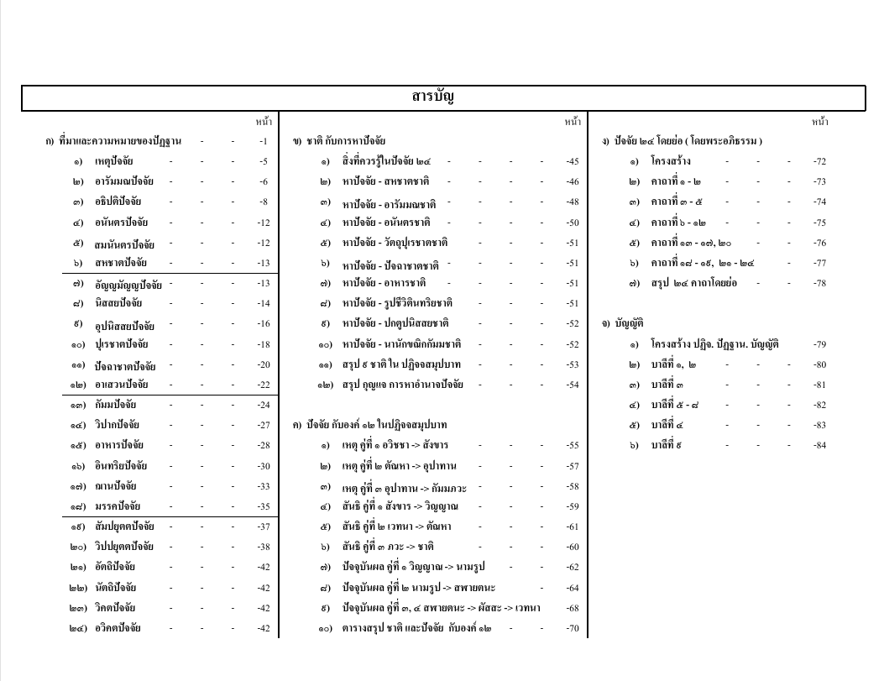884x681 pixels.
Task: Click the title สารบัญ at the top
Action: coord(433,97)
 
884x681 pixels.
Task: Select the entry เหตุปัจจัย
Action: coord(113,161)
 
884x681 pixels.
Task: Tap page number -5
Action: coord(264,161)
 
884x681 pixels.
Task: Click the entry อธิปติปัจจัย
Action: coord(118,202)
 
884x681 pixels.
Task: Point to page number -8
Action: coord(264,202)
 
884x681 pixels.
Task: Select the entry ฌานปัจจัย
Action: coord(115,486)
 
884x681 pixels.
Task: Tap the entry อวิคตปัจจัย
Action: coord(118,628)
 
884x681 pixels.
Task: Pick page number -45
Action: coord(573,161)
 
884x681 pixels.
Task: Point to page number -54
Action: coord(573,385)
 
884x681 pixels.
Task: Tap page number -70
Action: coord(573,628)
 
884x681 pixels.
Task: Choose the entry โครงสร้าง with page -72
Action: coord(671,161)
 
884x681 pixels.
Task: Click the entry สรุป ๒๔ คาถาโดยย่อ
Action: coord(693,283)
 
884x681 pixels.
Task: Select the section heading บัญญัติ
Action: coord(627,323)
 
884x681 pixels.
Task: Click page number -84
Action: coord(819,446)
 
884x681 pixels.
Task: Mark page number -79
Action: coord(819,344)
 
